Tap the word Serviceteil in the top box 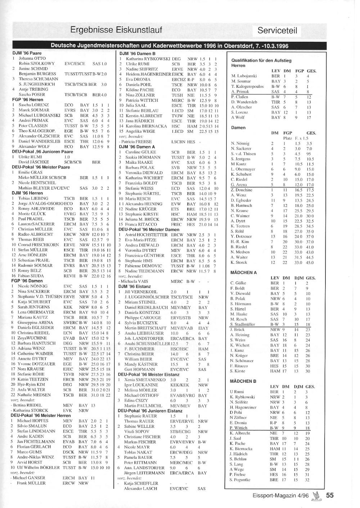tap(277, 31)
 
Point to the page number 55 tap(330, 495)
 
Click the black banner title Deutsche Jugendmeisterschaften tap(169, 46)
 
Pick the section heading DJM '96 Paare tap(27, 53)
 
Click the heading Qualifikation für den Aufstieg tap(261, 60)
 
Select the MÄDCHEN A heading tap(243, 272)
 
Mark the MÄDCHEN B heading tap(243, 381)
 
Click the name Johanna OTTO tap(32, 58)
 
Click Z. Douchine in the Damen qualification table tap(242, 190)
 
